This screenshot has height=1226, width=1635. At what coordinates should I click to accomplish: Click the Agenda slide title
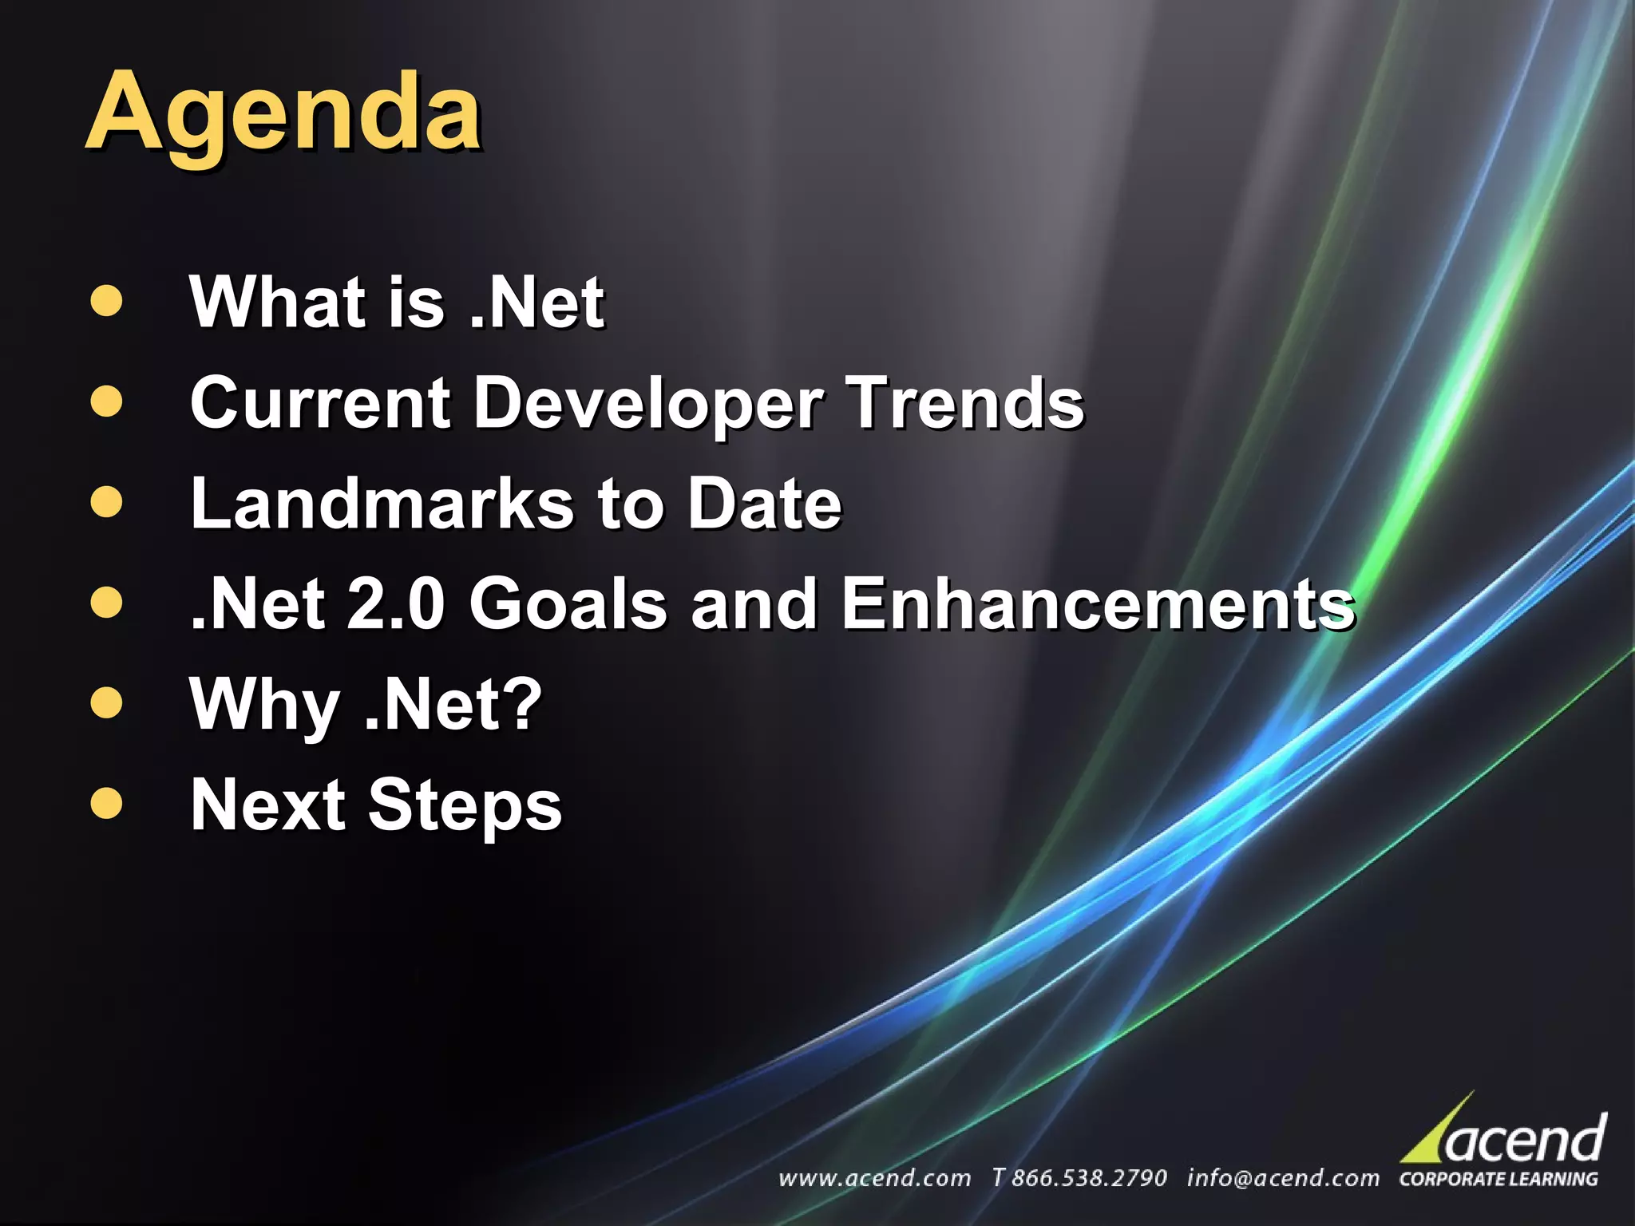point(283,112)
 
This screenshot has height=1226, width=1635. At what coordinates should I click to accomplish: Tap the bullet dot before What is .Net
point(107,302)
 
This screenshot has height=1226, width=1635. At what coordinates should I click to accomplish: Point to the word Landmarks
point(382,504)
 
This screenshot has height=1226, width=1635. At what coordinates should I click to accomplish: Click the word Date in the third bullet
point(764,504)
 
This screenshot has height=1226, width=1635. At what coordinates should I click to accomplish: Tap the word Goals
point(568,603)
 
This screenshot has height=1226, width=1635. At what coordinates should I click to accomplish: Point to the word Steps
point(465,805)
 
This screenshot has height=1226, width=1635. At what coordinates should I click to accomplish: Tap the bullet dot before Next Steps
point(107,803)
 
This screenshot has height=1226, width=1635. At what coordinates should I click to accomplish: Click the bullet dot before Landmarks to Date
point(107,503)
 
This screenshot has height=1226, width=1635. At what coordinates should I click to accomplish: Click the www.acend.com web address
point(874,1178)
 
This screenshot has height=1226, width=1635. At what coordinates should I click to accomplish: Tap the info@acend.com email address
point(1282,1178)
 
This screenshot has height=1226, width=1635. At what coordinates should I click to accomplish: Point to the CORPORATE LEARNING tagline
point(1498,1179)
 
